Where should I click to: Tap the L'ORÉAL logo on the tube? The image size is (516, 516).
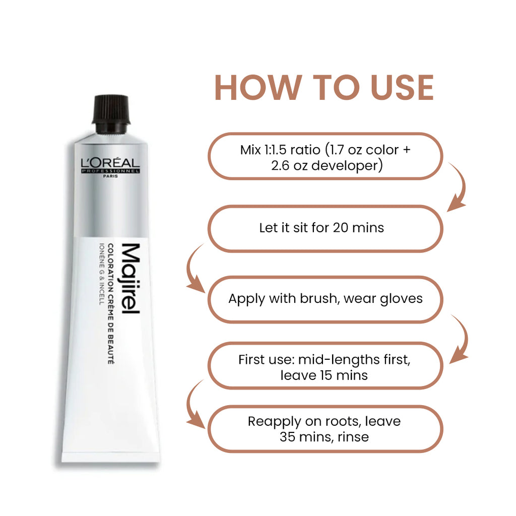pyautogui.click(x=110, y=163)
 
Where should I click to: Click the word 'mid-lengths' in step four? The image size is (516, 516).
pyautogui.click(x=333, y=360)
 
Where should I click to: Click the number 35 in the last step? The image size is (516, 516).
pyautogui.click(x=288, y=436)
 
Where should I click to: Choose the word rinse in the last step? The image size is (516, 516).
pyautogui.click(x=355, y=436)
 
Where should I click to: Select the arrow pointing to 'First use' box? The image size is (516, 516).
pyautogui.click(x=460, y=340)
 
